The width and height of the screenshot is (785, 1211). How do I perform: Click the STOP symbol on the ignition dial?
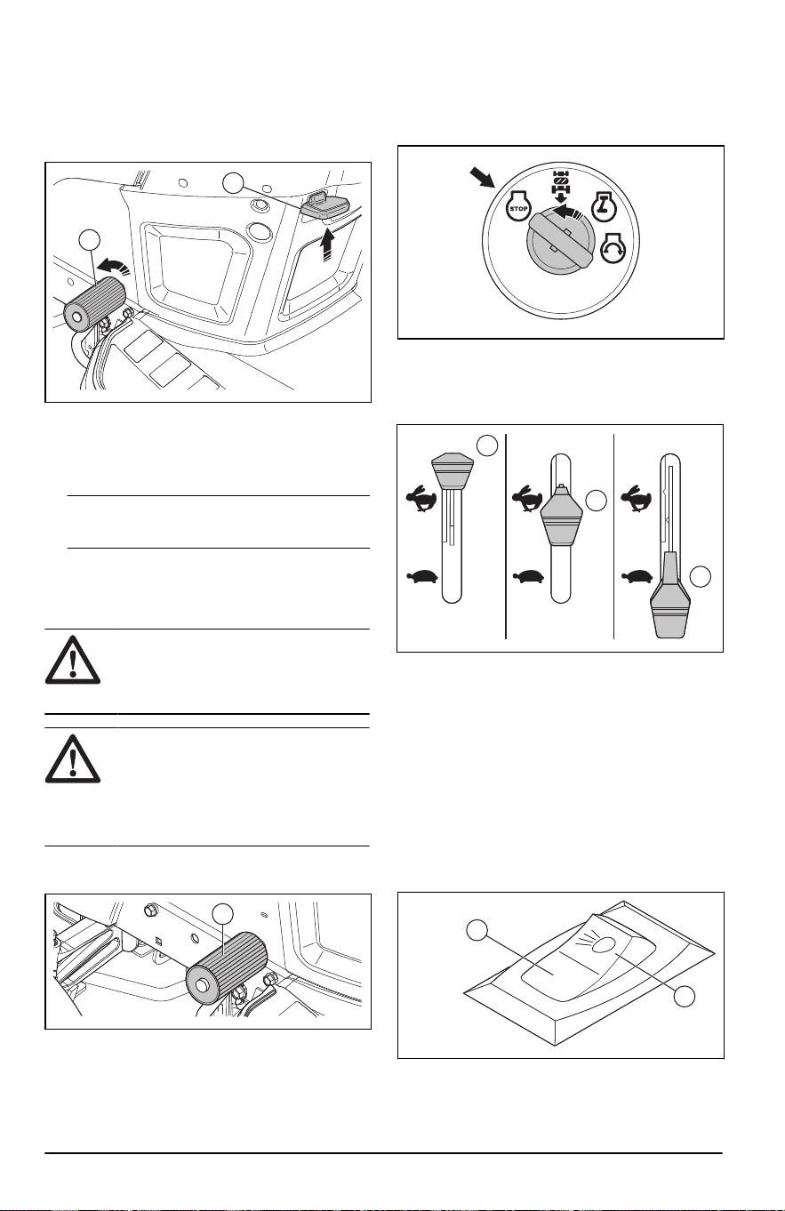click(x=518, y=207)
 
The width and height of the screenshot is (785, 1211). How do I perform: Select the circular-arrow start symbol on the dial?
click(x=613, y=247)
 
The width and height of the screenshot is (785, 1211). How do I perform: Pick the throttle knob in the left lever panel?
click(x=452, y=471)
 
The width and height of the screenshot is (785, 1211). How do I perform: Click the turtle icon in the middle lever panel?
click(x=528, y=576)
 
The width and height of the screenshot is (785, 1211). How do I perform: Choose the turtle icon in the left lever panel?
click(x=422, y=576)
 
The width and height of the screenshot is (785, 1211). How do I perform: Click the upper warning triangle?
click(x=72, y=661)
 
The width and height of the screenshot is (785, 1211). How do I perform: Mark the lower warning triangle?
click(x=72, y=760)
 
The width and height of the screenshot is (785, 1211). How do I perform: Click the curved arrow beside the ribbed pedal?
click(x=113, y=266)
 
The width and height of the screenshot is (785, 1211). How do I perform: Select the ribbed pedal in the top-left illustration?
click(x=94, y=302)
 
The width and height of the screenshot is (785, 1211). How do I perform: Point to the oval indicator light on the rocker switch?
click(x=605, y=945)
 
